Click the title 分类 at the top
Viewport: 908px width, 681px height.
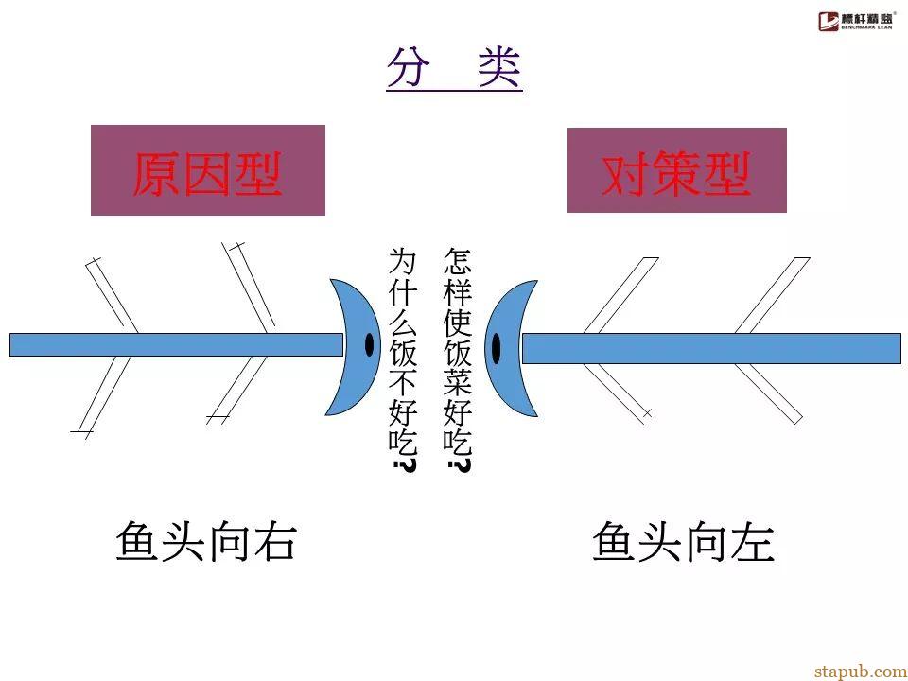click(x=455, y=67)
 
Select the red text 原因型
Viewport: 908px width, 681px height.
click(x=207, y=173)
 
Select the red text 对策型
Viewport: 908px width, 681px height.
click(x=676, y=173)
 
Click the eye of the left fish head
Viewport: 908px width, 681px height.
click(x=370, y=345)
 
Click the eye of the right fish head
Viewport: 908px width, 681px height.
click(x=496, y=348)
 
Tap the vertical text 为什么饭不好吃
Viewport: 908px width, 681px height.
click(x=403, y=359)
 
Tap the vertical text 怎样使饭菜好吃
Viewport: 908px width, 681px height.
click(x=458, y=359)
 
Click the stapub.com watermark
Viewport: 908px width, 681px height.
click(x=861, y=672)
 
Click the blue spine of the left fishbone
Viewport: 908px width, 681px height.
click(x=176, y=344)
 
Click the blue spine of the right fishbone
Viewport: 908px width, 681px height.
click(x=711, y=349)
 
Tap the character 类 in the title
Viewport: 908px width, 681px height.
click(x=499, y=67)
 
